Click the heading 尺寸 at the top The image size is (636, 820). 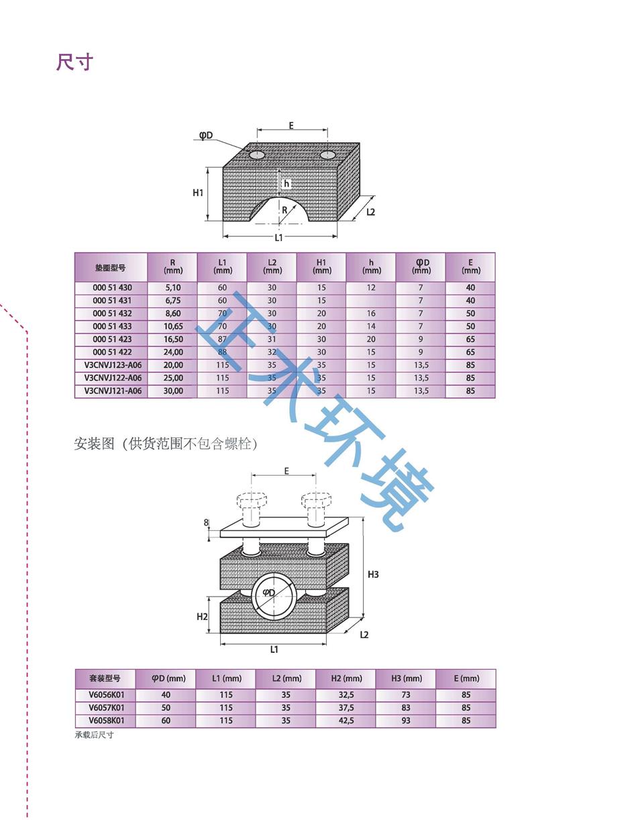pyautogui.click(x=74, y=62)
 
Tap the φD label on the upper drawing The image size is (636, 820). pyautogui.click(x=205, y=136)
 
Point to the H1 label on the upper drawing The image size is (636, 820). pyautogui.click(x=198, y=193)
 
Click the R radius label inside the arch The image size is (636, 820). pyautogui.click(x=284, y=210)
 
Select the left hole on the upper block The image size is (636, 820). pyautogui.click(x=257, y=155)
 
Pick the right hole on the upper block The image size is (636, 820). pyautogui.click(x=327, y=155)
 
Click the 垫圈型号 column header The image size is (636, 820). pyautogui.click(x=110, y=267)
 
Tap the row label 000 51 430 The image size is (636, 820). pyautogui.click(x=112, y=287)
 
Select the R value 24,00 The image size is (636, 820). pyautogui.click(x=172, y=352)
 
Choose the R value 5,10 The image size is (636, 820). pyautogui.click(x=172, y=287)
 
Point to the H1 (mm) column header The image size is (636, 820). pyautogui.click(x=321, y=266)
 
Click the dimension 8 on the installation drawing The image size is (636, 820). pyautogui.click(x=207, y=522)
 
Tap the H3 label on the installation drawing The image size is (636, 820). pyautogui.click(x=373, y=574)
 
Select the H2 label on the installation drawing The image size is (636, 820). pyautogui.click(x=202, y=617)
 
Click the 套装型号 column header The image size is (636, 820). pyautogui.click(x=105, y=678)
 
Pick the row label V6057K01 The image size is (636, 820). pyautogui.click(x=106, y=707)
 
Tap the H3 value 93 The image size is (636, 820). pyautogui.click(x=406, y=720)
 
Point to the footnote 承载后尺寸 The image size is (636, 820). pyautogui.click(x=94, y=735)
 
